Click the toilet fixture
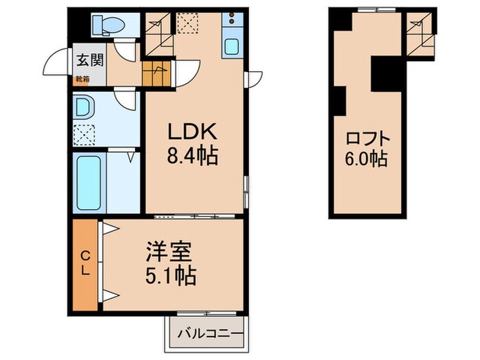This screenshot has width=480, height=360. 109,25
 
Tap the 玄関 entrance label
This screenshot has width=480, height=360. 89,60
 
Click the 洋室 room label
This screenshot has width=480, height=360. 169,252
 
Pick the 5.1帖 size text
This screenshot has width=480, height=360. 172,276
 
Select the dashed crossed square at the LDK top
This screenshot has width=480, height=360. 187,23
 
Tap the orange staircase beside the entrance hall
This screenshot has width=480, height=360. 157,72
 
